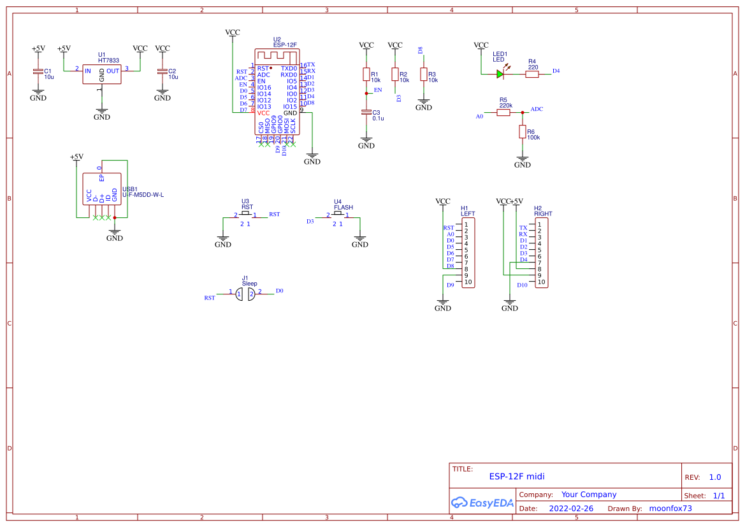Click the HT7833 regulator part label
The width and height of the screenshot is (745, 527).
point(108,61)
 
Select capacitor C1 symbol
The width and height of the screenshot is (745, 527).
point(38,73)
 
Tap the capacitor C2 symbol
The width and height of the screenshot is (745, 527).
point(163,73)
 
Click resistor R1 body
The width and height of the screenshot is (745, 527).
point(366,75)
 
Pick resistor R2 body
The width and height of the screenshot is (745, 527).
point(395,75)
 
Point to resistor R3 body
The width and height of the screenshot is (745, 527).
point(424,75)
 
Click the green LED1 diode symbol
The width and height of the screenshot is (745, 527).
point(500,74)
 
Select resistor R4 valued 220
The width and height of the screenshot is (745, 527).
point(532,74)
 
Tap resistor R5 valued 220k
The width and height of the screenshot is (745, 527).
point(503,112)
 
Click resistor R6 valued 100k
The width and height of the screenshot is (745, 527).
point(523,131)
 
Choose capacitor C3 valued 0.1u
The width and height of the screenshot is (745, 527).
point(366,112)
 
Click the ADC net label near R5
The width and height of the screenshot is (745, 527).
point(537,109)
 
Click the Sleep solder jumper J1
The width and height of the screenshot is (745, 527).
point(245,293)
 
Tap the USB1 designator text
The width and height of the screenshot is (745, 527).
point(130,189)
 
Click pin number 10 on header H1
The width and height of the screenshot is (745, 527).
point(468,282)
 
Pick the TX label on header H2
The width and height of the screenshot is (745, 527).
point(523,227)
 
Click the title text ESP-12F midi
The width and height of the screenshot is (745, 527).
point(517,476)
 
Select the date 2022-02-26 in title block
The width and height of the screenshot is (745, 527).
point(571,509)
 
